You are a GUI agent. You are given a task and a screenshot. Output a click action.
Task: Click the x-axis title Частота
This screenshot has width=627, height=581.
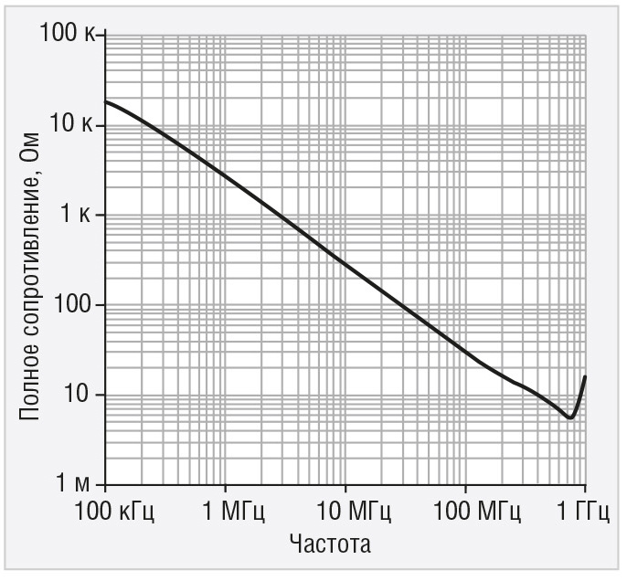pyautogui.click(x=329, y=545)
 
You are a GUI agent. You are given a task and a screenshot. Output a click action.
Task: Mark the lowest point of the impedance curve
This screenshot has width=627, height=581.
pyautogui.click(x=569, y=417)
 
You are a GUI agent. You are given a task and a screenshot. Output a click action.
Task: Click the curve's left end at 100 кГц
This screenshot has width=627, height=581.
pyautogui.click(x=106, y=101)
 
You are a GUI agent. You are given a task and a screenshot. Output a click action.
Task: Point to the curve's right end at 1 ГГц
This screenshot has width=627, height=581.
pyautogui.click(x=585, y=376)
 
